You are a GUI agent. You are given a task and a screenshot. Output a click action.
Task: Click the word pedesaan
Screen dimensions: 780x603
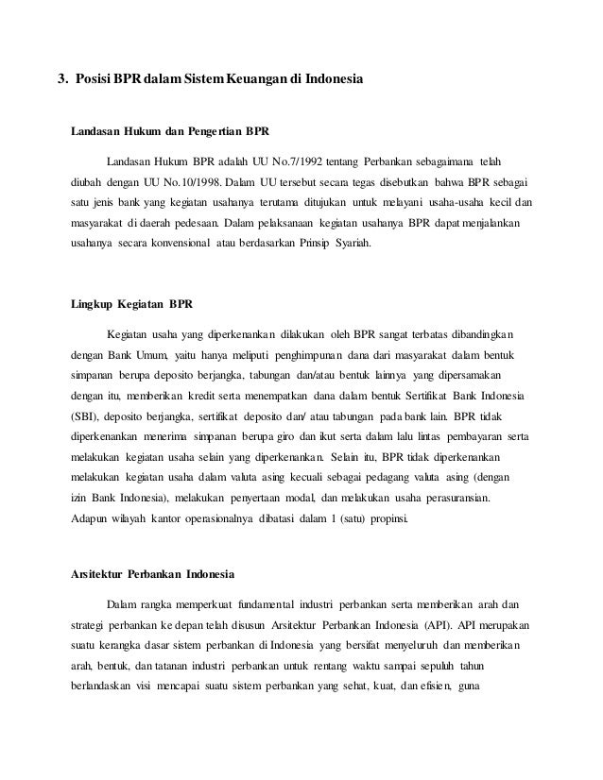(x=190, y=225)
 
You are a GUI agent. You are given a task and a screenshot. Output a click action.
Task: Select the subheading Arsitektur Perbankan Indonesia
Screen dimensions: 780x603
(x=153, y=575)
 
